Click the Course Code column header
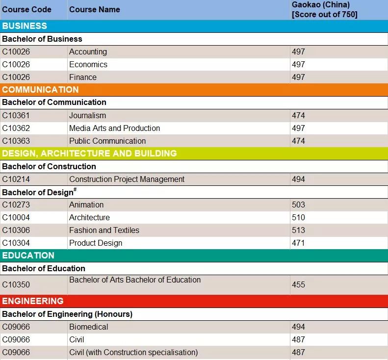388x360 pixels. tap(26, 10)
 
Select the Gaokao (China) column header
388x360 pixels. tap(324, 9)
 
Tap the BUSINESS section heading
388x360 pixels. tap(25, 26)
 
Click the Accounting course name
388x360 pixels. tap(88, 51)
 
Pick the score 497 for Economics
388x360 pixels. tap(298, 64)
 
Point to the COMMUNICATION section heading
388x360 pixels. tap(40, 90)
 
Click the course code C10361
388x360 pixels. tap(16, 115)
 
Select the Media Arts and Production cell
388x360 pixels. tap(115, 128)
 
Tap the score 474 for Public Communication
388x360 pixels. tap(298, 141)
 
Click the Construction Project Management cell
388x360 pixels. tap(127, 179)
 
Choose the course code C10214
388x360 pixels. tap(16, 179)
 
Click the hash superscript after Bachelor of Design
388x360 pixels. tap(75, 189)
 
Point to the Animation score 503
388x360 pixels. tap(298, 205)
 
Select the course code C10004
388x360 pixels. tap(16, 217)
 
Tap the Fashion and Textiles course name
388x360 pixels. tap(104, 230)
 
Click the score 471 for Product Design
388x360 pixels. tap(298, 243)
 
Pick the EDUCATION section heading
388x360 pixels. tap(28, 256)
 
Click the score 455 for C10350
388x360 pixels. tap(298, 284)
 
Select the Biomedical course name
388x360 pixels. tap(89, 327)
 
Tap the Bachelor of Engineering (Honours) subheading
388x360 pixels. tap(67, 314)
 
